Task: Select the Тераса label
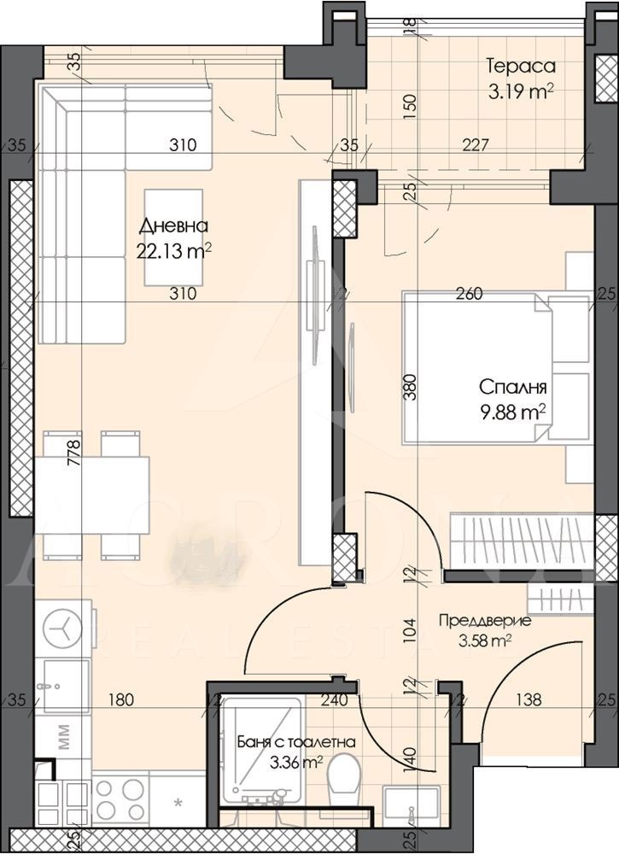coord(521,66)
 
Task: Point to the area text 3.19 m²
coord(521,91)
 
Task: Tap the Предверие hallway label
coord(484,620)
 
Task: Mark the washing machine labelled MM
coord(64,740)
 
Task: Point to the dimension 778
coord(74,448)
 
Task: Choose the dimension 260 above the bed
coord(470,294)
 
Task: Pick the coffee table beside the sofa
coord(173,238)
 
